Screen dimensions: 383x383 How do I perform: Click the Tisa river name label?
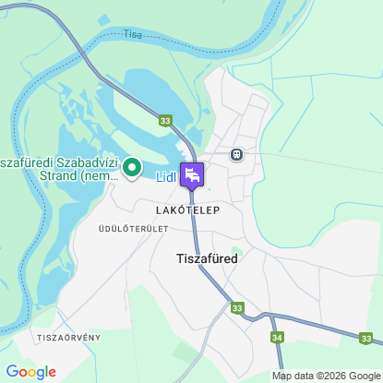click(x=134, y=34)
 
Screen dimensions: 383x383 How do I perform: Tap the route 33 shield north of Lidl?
click(x=165, y=120)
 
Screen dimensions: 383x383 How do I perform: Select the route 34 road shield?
click(x=278, y=338)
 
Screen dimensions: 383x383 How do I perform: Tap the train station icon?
click(x=237, y=154)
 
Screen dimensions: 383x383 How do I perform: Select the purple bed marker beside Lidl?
click(x=192, y=174)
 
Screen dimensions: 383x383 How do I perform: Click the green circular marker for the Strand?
click(x=131, y=167)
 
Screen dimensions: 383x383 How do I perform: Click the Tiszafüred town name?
click(x=207, y=259)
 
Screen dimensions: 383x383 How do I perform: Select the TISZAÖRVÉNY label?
click(x=68, y=338)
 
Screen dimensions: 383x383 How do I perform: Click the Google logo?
click(x=30, y=372)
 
